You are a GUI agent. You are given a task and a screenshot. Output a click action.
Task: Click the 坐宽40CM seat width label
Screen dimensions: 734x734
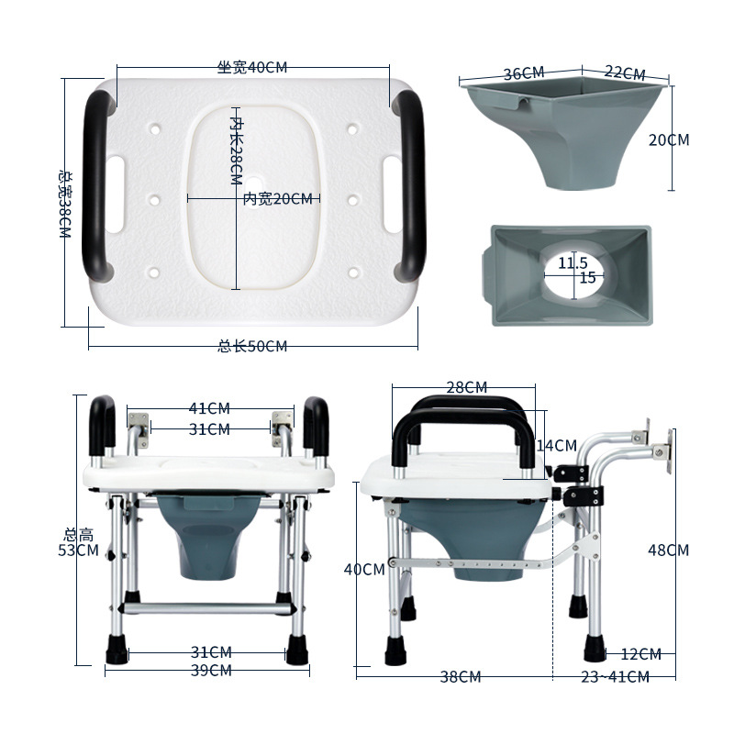[x=251, y=67]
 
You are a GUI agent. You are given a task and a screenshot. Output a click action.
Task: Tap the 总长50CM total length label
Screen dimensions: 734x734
[x=252, y=347]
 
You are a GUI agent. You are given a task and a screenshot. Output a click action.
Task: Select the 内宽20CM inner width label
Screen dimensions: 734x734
[x=278, y=199]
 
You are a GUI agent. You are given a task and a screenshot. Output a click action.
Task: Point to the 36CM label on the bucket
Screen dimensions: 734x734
[x=524, y=73]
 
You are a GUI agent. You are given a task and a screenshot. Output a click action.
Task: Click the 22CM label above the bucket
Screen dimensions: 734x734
[x=625, y=72]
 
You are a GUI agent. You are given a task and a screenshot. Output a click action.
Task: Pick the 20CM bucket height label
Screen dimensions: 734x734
[x=669, y=139]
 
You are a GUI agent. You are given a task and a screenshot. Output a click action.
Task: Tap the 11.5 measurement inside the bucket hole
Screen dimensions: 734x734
[x=573, y=262]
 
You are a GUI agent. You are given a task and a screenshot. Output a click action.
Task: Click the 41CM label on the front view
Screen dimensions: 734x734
[x=209, y=408]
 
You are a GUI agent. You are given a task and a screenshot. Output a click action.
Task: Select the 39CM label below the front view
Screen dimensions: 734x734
[x=211, y=671]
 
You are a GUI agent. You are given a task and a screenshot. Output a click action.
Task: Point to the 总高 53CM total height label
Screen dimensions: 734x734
[x=78, y=542]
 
